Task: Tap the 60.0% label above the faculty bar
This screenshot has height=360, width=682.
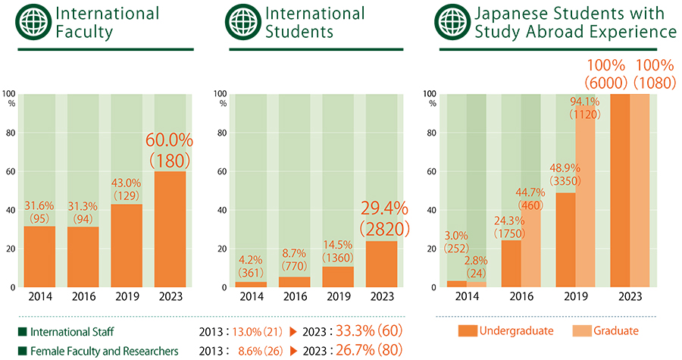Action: tap(170, 141)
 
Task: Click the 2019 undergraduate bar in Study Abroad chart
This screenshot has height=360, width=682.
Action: tap(565, 239)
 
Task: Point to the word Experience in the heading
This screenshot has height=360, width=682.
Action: tap(637, 32)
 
